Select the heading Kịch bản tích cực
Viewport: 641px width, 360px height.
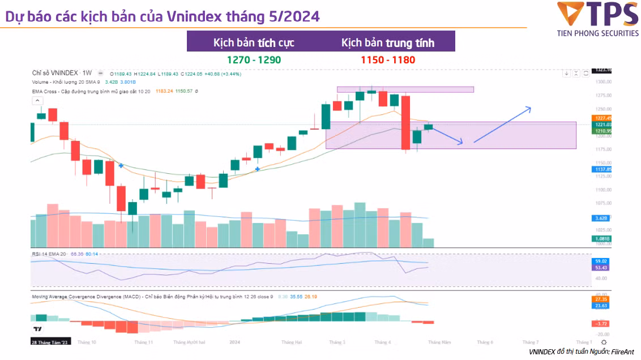pos(254,42)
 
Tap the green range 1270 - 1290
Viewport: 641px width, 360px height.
pos(254,59)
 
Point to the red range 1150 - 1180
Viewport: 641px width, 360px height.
pos(388,59)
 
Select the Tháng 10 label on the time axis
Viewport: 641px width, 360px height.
pos(87,342)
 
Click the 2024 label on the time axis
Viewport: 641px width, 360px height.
pos(236,342)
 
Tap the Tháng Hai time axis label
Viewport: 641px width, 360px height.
pos(291,342)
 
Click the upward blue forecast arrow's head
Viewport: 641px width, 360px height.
pos(530,108)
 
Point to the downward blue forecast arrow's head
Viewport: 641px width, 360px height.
pos(461,142)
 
